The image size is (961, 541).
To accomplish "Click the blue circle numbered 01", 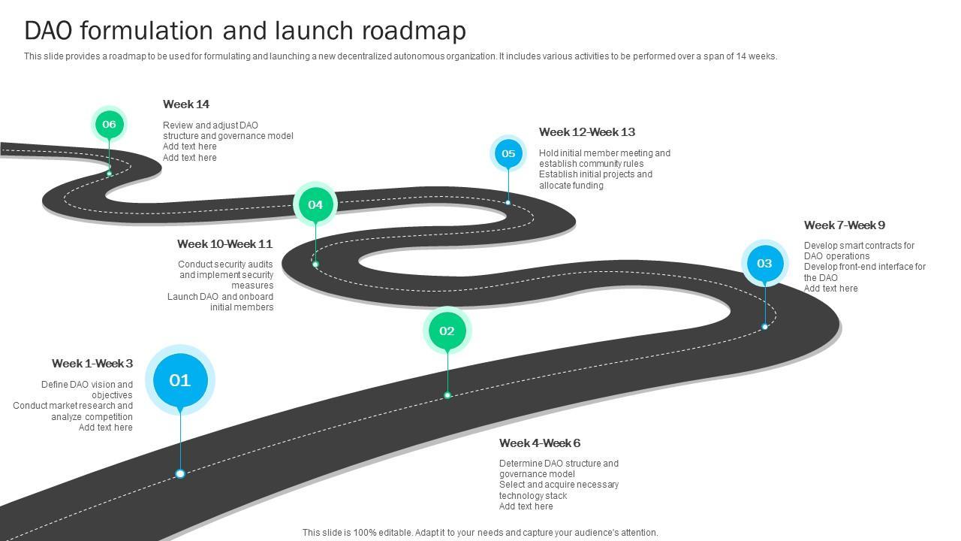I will coord(180,380).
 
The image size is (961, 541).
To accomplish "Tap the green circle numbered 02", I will coord(447,331).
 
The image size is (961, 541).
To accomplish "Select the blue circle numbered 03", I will coord(764,263).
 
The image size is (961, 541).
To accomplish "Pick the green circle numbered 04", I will coord(315,204).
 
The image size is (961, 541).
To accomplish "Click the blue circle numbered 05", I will coord(508,153).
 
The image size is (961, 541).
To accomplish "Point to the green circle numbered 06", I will coord(109,124).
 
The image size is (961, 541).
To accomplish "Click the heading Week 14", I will coord(186,104).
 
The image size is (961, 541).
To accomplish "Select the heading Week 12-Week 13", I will coord(587,132).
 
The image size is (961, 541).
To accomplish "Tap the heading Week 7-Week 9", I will coord(845,225).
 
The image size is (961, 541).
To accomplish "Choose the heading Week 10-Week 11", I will coord(224,244).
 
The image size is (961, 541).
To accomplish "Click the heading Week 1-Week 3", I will coord(92,364).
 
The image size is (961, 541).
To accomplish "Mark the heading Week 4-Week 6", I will coord(540,443).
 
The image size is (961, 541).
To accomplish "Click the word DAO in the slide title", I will coord(49,31).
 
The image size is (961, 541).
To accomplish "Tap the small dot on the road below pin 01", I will coord(180,473).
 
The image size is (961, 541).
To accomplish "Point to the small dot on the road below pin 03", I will coord(765,327).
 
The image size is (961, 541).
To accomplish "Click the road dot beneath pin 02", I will coord(447,395).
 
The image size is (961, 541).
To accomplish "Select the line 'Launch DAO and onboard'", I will coord(220,297).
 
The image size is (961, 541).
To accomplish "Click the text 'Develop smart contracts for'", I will coord(859,246).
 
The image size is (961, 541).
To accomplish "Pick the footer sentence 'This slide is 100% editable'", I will coord(480,533).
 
